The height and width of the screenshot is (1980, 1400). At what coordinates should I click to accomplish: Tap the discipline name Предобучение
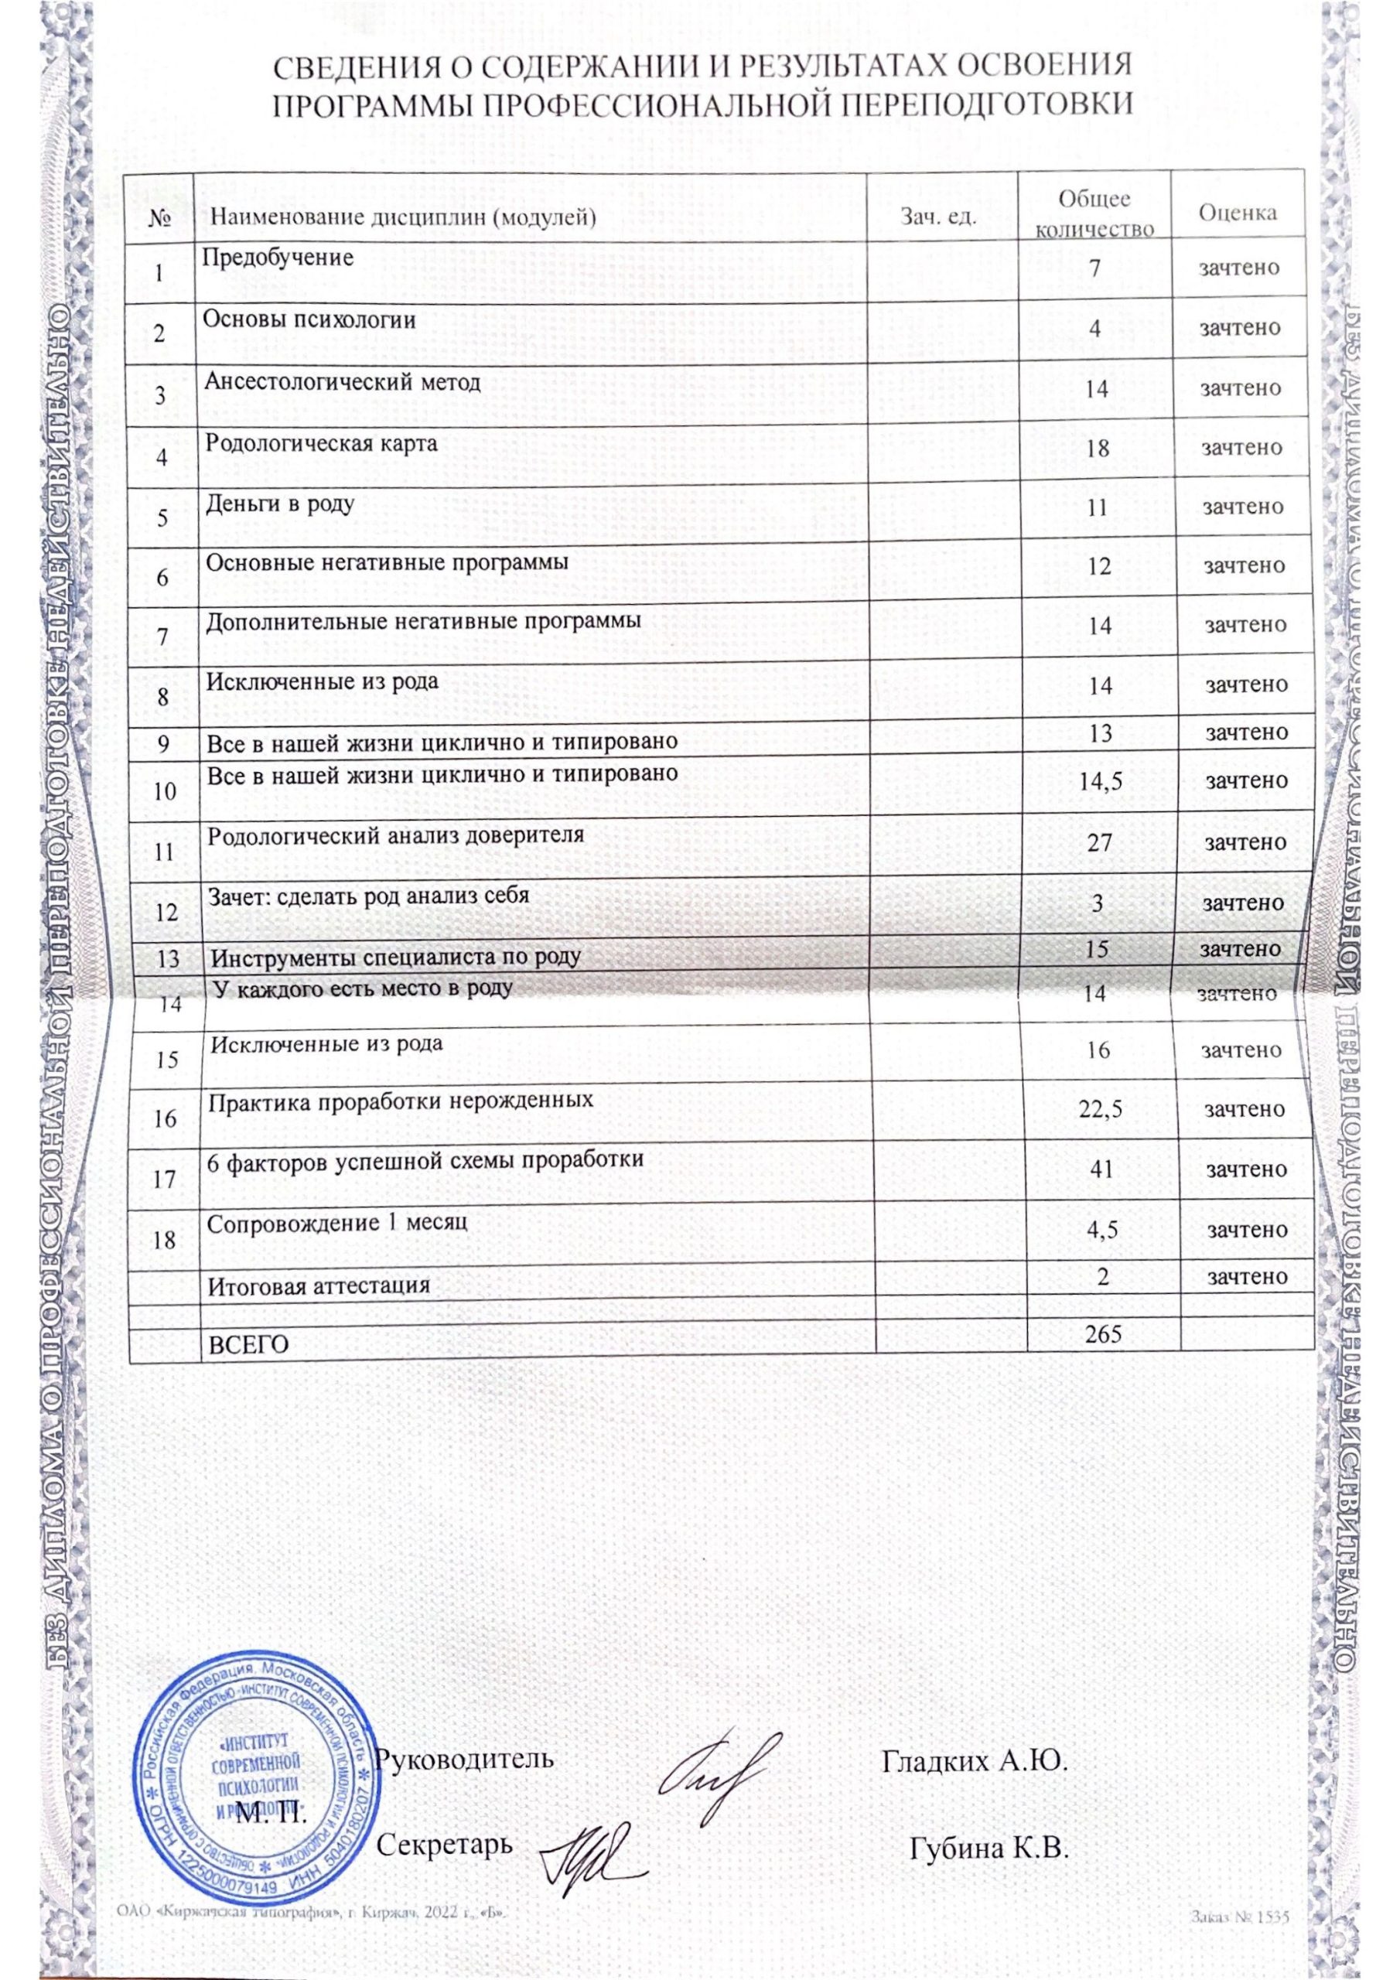click(x=278, y=257)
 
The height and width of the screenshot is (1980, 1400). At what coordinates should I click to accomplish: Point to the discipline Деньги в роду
click(x=279, y=503)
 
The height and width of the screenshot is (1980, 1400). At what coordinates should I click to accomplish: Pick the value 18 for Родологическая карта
click(x=1098, y=449)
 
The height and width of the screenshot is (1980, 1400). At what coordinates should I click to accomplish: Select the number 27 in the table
click(x=1099, y=841)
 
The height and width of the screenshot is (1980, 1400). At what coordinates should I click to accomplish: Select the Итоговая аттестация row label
click(x=319, y=1287)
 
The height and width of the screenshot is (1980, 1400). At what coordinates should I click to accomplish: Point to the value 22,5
click(x=1101, y=1110)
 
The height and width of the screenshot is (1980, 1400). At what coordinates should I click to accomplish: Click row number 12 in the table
click(x=166, y=912)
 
